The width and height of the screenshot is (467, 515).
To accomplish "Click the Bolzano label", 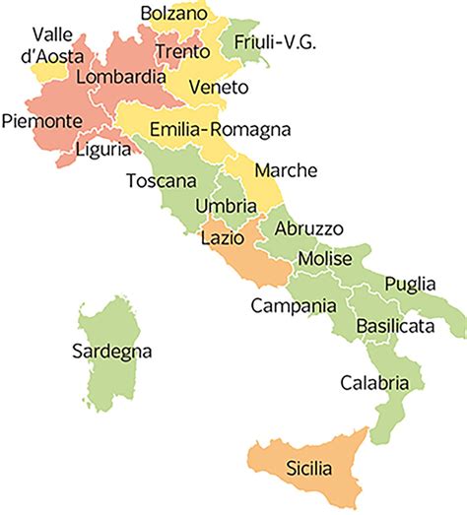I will (174, 14).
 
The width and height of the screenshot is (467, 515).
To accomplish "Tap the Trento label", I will (182, 50).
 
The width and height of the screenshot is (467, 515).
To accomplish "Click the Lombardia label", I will (112, 76).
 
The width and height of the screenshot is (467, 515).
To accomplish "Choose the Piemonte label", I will (40, 119).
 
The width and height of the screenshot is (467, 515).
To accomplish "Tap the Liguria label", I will (102, 150).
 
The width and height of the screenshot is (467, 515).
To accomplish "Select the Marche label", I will (286, 170).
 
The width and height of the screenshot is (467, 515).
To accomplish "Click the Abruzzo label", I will (308, 228).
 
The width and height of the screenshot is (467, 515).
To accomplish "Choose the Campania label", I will (293, 305).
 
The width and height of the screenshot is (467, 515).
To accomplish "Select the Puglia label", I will (410, 284).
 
